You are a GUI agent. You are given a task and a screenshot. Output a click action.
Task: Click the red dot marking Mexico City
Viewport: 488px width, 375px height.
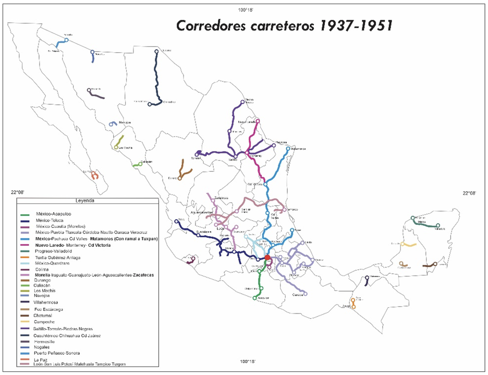point(267,257)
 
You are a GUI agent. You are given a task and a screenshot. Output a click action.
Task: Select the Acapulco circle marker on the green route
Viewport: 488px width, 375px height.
point(255,298)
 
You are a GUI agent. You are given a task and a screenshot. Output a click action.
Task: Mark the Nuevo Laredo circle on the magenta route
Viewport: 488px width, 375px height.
point(258,120)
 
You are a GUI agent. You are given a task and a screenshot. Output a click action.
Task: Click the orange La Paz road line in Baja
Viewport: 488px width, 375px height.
point(94,176)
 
